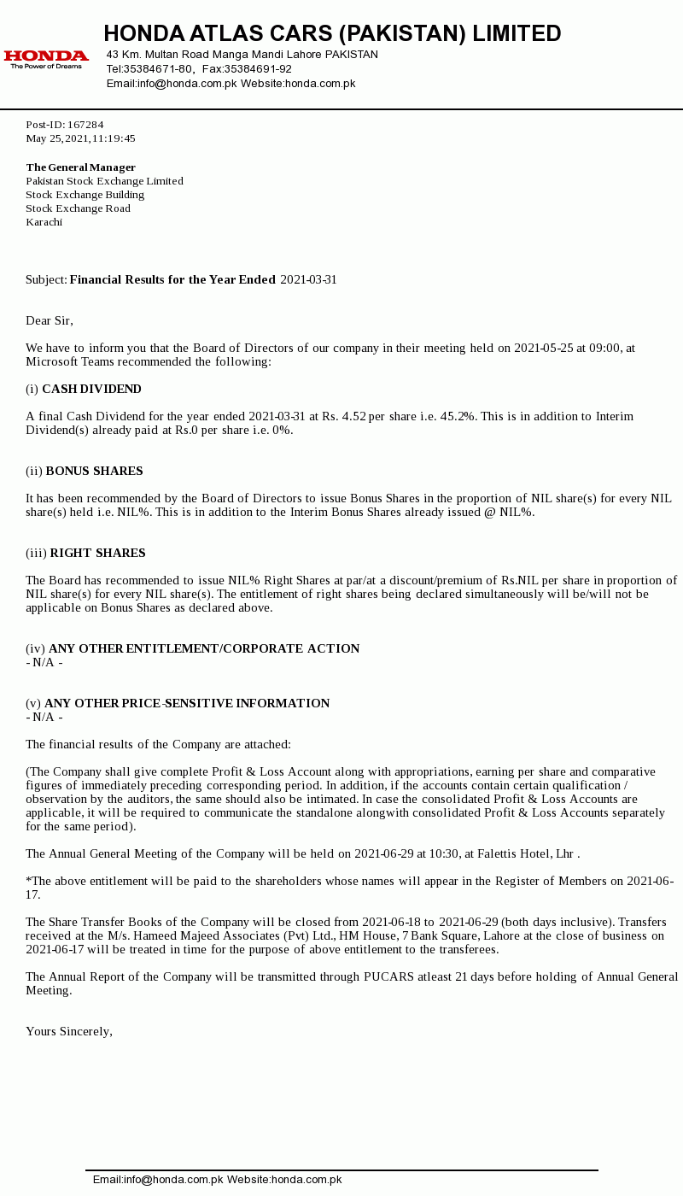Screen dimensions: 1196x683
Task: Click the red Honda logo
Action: (46, 57)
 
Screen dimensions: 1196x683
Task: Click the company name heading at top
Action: (332, 33)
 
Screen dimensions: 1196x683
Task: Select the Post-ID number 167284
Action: (85, 125)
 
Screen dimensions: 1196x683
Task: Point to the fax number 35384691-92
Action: (258, 69)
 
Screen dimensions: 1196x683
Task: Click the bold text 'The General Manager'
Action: (81, 167)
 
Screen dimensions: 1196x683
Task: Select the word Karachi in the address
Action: (44, 222)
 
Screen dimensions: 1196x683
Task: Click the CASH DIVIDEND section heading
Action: (91, 390)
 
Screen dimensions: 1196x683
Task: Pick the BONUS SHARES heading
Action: (94, 472)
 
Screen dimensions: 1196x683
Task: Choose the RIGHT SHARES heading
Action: (97, 554)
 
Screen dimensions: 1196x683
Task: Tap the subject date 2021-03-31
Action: (308, 280)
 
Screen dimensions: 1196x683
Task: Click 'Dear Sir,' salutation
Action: (50, 321)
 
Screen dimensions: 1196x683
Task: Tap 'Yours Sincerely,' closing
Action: (69, 1032)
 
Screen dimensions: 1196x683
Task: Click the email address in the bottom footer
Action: (158, 1180)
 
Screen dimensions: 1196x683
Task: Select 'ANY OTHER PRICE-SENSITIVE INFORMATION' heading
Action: (187, 704)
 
